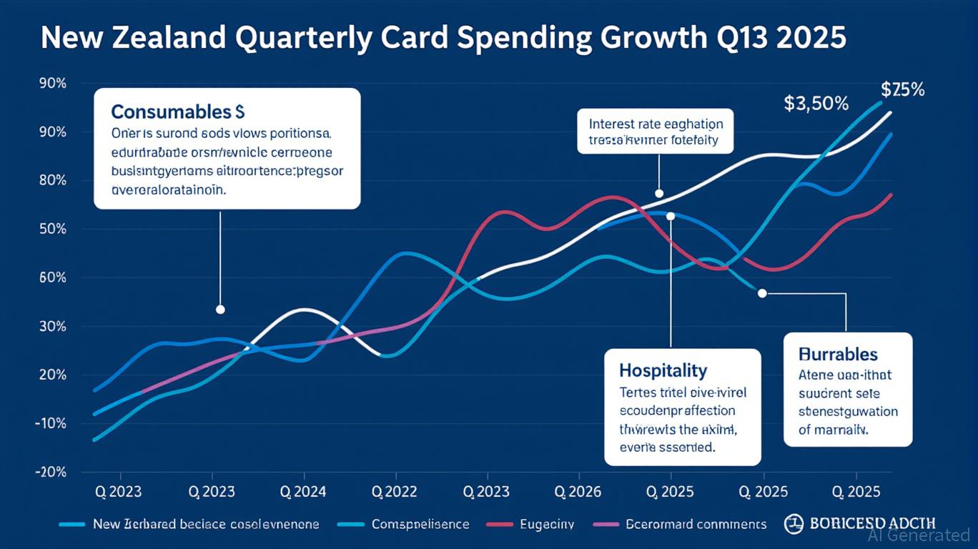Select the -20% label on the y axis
point(51,472)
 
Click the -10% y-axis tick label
point(51,423)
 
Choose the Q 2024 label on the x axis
point(304,492)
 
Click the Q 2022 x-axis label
point(395,492)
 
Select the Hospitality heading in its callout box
point(663,370)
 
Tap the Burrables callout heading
point(838,355)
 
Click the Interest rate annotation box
point(656,132)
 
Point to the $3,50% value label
point(816,104)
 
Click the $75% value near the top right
point(903,90)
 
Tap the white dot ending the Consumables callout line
point(220,310)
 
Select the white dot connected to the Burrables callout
point(762,293)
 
